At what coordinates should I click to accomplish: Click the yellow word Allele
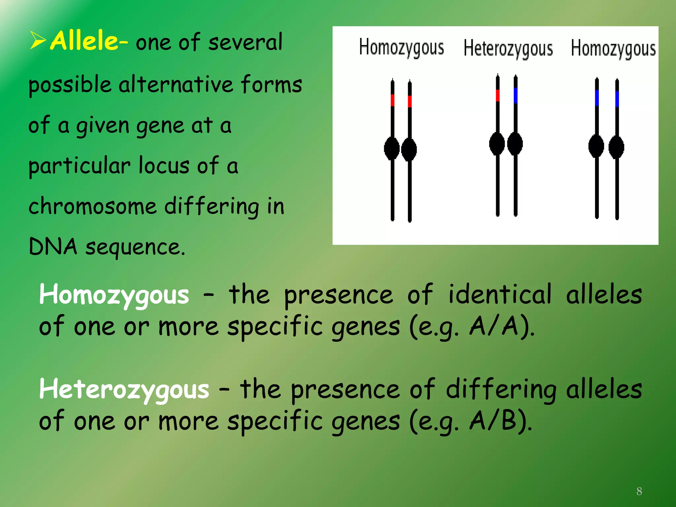84,41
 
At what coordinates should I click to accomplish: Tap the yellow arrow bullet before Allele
38,40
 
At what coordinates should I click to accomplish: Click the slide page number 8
639,491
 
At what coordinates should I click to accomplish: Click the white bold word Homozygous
114,295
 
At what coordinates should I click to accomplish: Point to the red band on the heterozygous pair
498,95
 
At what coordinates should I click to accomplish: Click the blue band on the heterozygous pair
516,95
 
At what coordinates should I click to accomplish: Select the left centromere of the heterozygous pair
497,144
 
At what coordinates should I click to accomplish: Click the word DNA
53,247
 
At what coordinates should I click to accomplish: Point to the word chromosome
92,206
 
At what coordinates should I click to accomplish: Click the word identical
500,294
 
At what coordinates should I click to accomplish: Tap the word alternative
176,84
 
